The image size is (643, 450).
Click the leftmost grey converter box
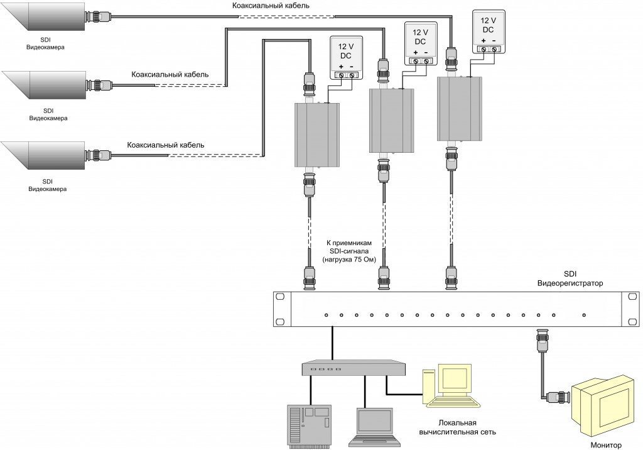[x=317, y=135]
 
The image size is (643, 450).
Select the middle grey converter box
[x=392, y=120]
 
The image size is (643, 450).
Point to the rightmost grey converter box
[x=459, y=109]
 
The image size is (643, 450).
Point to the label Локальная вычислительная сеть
[x=448, y=427]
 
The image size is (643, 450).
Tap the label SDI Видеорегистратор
[x=570, y=279]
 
